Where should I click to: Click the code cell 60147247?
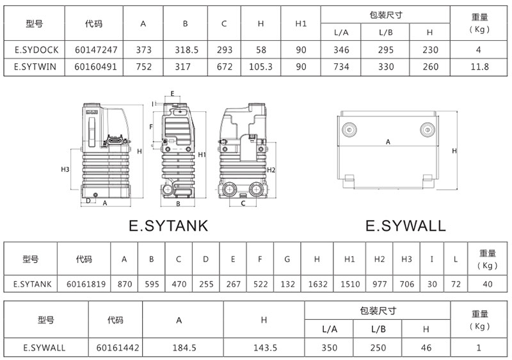click(x=96, y=50)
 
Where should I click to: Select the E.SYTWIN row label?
click(x=35, y=67)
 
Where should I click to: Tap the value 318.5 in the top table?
click(x=186, y=50)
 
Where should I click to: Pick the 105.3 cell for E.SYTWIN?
click(x=260, y=67)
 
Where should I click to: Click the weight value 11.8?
click(x=479, y=67)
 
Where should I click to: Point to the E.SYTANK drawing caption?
click(x=168, y=226)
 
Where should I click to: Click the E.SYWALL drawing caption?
click(x=406, y=226)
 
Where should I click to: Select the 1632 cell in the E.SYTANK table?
click(x=317, y=285)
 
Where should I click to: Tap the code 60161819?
click(x=86, y=285)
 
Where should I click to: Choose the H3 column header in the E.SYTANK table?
click(x=406, y=259)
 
